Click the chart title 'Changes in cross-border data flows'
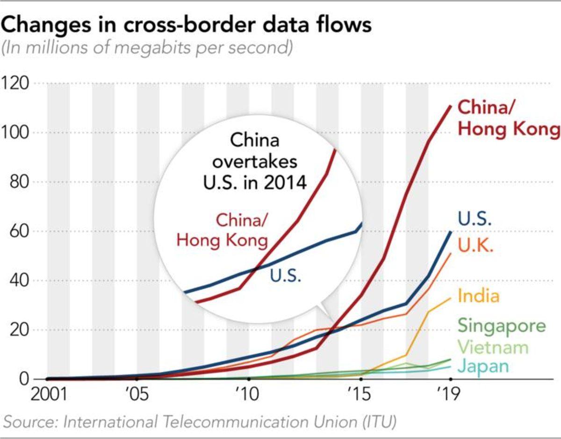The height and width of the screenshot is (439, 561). [186, 24]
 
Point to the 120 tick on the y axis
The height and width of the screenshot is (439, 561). [16, 84]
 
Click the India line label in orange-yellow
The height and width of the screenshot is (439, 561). [479, 296]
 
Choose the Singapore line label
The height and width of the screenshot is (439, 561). [501, 326]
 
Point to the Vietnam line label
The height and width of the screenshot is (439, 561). [493, 347]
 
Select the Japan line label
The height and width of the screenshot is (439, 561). [482, 366]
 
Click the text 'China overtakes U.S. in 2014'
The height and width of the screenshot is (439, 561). [255, 161]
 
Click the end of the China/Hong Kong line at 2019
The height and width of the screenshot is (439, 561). [451, 106]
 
